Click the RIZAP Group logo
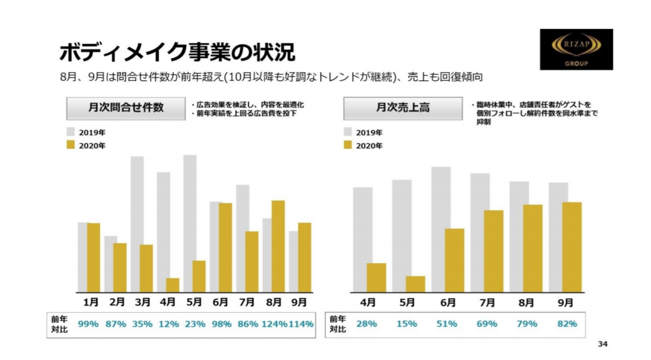pyautogui.click(x=576, y=49)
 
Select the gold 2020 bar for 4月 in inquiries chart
pyautogui.click(x=173, y=285)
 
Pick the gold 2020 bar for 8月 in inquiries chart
pyautogui.click(x=278, y=246)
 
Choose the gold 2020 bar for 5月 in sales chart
pyautogui.click(x=416, y=284)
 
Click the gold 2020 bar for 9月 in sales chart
pyautogui.click(x=572, y=247)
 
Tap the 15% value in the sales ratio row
pyautogui.click(x=407, y=324)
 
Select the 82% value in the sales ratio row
pyautogui.click(x=567, y=324)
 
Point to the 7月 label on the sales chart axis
pyautogui.click(x=487, y=302)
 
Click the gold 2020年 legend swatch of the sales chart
pyautogui.click(x=348, y=145)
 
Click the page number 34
pyautogui.click(x=602, y=344)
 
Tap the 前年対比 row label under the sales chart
pyautogui.click(x=337, y=325)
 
